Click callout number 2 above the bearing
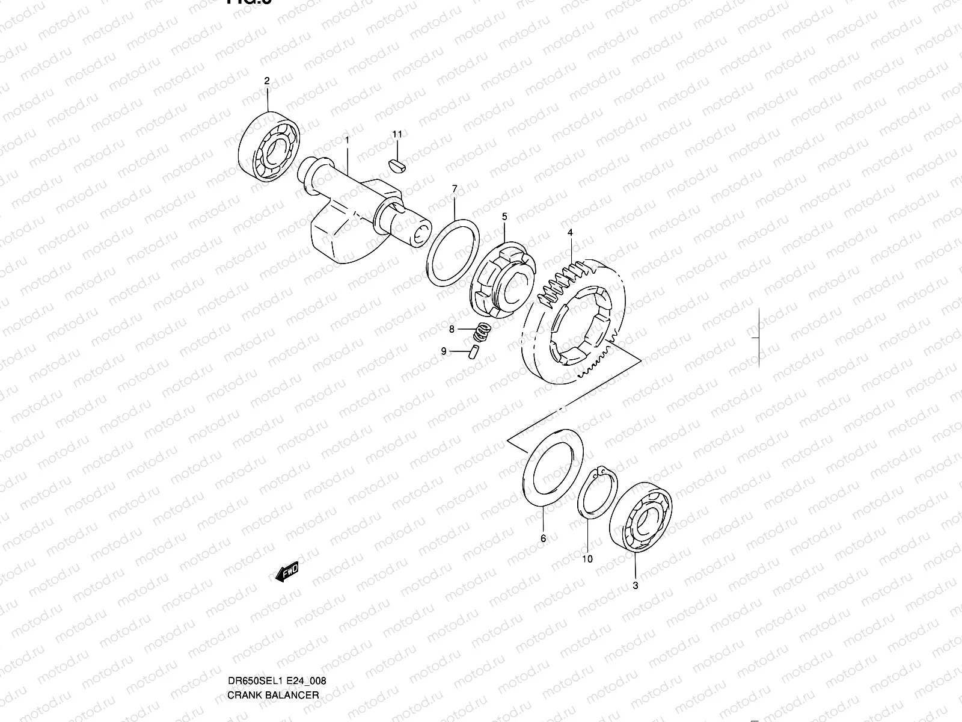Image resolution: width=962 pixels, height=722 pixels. [x=267, y=81]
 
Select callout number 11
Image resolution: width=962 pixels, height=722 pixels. [x=397, y=134]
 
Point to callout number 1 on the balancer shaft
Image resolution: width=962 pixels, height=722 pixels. [x=347, y=140]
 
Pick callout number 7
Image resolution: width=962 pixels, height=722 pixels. [x=455, y=189]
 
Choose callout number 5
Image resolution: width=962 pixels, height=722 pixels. [x=504, y=216]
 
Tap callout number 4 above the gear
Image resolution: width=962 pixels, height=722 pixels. [x=569, y=232]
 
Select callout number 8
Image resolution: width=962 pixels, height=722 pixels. [x=452, y=329]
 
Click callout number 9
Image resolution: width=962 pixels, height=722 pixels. [x=444, y=351]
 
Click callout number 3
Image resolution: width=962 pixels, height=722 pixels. [x=636, y=585]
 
